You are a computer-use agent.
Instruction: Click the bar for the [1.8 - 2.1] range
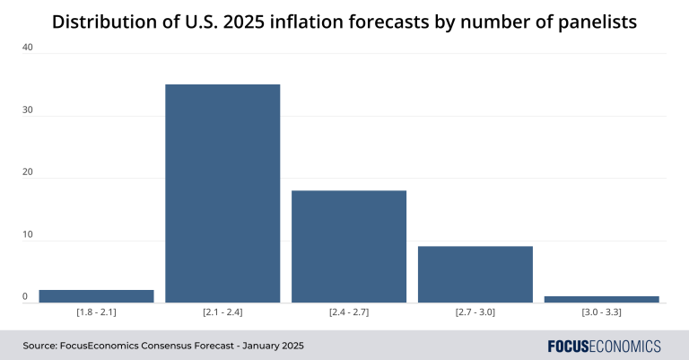[x=96, y=296]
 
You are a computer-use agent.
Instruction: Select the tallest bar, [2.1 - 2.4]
[x=222, y=193]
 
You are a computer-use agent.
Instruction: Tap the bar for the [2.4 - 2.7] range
[x=349, y=247]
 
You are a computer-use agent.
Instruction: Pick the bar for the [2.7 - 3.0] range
[x=475, y=275]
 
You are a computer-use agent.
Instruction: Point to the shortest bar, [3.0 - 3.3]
[x=602, y=299]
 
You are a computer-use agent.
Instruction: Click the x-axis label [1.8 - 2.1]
[x=96, y=312]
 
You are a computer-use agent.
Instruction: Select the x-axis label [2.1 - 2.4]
[x=222, y=312]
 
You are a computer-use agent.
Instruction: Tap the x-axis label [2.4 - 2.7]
[x=349, y=312]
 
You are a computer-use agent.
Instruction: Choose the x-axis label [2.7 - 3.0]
[x=475, y=312]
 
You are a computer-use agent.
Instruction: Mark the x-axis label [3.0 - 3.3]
[x=602, y=312]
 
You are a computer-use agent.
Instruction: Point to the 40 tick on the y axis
[x=27, y=48]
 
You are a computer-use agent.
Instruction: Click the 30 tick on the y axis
[x=27, y=110]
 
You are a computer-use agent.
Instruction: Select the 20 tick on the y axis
[x=27, y=172]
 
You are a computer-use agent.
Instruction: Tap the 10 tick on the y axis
[x=27, y=235]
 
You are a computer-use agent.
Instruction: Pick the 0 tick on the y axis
[x=25, y=296]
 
